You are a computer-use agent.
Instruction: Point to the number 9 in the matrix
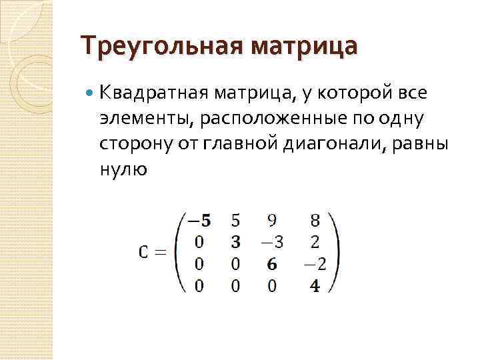pyautogui.click(x=273, y=219)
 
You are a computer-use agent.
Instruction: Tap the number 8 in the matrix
pyautogui.click(x=315, y=219)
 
